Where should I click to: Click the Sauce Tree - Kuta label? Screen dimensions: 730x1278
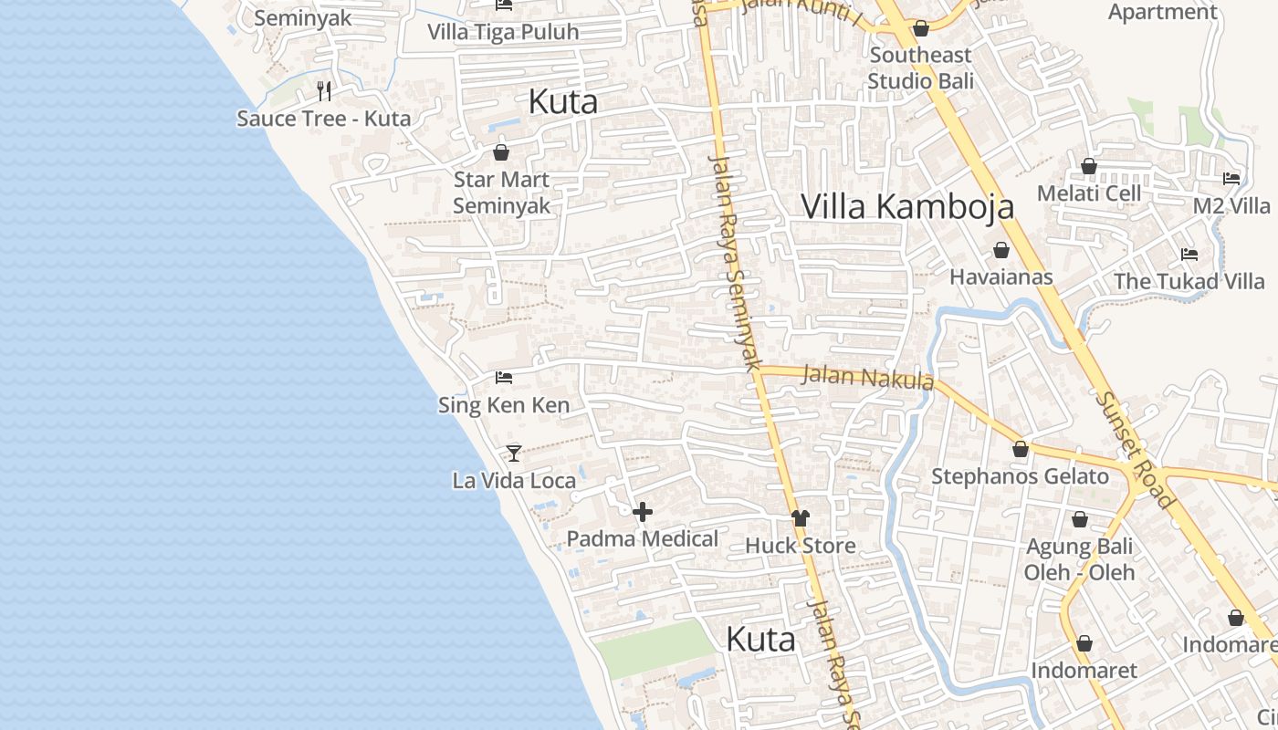(x=323, y=119)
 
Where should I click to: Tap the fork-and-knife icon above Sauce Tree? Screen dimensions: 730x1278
(x=323, y=90)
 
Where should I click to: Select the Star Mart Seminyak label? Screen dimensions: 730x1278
(x=502, y=193)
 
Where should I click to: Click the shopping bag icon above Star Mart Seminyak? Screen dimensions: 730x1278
(x=500, y=151)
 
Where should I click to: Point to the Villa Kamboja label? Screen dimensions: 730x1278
(x=907, y=206)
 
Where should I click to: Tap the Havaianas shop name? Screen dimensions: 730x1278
(x=1001, y=276)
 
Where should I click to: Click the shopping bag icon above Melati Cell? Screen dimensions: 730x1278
(x=1088, y=166)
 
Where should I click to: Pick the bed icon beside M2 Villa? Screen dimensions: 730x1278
(x=1231, y=179)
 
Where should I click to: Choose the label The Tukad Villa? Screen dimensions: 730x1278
(x=1189, y=281)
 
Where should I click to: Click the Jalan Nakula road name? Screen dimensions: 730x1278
(x=867, y=376)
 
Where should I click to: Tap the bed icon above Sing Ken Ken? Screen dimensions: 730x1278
(x=504, y=377)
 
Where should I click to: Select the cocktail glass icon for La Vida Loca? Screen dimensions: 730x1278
(x=514, y=453)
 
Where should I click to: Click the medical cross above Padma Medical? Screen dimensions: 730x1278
(x=643, y=512)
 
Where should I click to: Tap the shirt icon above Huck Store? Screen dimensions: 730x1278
(x=801, y=518)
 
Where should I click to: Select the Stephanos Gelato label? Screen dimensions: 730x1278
(x=1020, y=476)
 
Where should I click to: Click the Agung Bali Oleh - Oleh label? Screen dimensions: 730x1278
(x=1079, y=559)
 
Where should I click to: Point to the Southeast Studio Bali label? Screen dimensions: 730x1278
(x=920, y=68)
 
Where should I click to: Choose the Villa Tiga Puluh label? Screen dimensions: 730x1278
(x=503, y=33)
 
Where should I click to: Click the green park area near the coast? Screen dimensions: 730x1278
(x=654, y=648)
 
